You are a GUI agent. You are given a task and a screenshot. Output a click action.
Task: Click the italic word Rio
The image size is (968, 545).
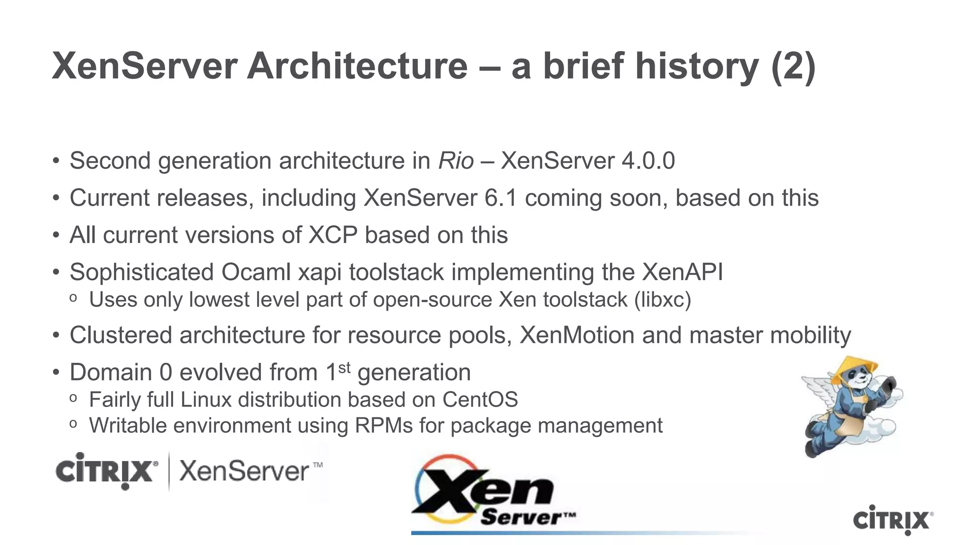click(456, 161)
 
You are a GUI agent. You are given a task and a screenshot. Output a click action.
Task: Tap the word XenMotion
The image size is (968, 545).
click(577, 335)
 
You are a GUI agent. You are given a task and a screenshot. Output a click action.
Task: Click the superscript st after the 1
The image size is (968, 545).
click(344, 367)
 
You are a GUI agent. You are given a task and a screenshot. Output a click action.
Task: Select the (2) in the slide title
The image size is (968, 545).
click(793, 66)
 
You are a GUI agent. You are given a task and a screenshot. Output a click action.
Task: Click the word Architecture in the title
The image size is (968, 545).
click(357, 66)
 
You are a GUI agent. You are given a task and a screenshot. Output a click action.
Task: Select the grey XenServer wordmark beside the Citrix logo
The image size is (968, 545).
click(244, 471)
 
